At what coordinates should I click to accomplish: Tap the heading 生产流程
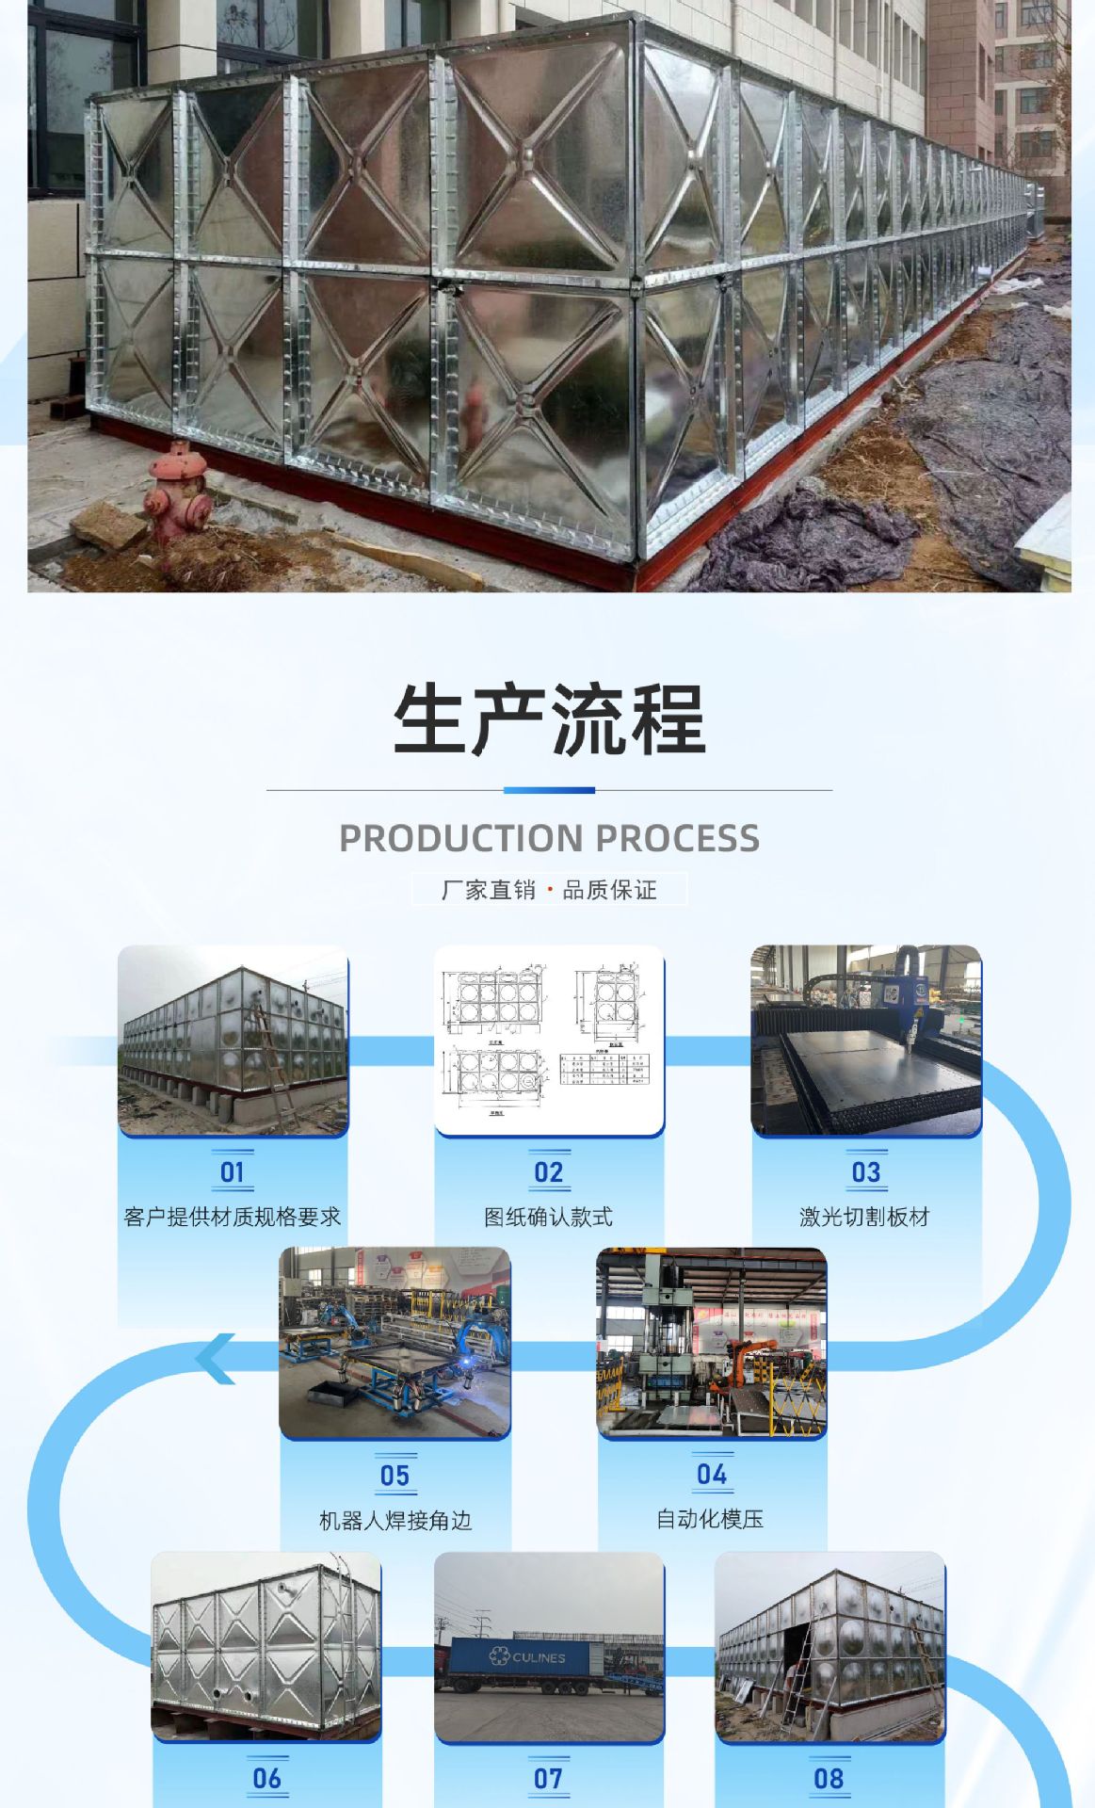[x=549, y=719]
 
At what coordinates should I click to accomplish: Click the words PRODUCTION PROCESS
[x=549, y=838]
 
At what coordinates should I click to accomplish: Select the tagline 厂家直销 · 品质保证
[x=549, y=890]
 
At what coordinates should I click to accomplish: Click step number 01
[x=233, y=1172]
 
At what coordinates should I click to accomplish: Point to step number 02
[x=549, y=1172]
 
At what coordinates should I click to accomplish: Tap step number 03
[x=866, y=1172]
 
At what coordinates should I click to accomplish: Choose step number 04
[x=712, y=1475]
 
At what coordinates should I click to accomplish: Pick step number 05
[x=395, y=1476]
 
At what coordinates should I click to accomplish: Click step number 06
[x=267, y=1778]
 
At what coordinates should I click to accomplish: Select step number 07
[x=549, y=1778]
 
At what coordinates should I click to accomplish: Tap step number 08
[x=829, y=1778]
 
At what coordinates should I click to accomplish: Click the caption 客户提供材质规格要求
[x=233, y=1217]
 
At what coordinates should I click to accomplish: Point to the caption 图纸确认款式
[x=549, y=1217]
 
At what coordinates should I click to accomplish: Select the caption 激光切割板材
[x=865, y=1217]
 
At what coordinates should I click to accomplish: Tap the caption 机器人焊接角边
[x=395, y=1521]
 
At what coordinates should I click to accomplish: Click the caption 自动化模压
[x=711, y=1519]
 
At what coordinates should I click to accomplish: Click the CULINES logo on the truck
[x=528, y=1656]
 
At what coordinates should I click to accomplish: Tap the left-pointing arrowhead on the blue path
[x=216, y=1359]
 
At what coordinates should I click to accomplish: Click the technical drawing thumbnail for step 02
[x=549, y=1040]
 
